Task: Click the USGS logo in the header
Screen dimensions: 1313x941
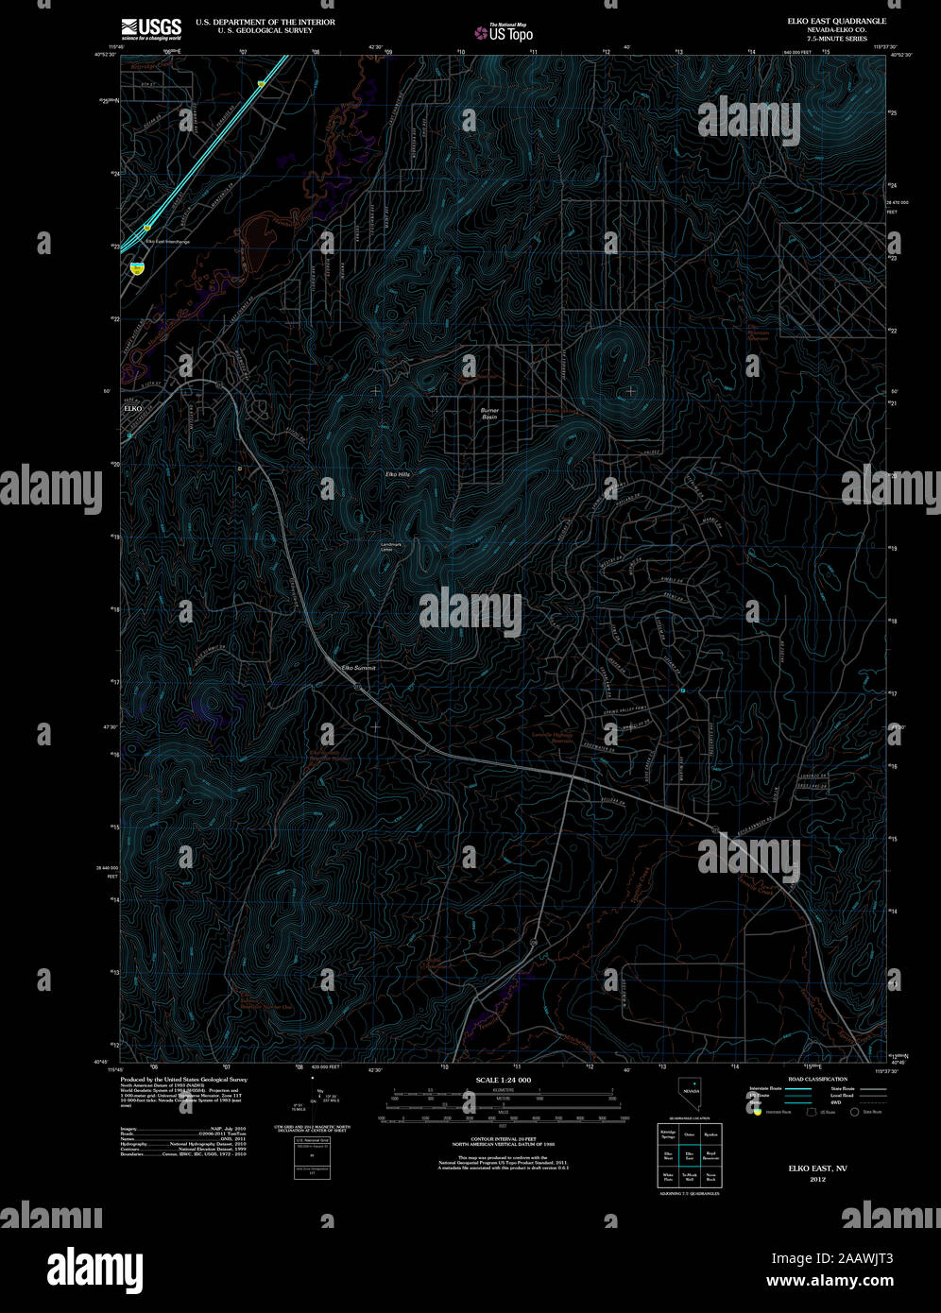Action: pos(150,28)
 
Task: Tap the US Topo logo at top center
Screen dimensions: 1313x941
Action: pos(505,32)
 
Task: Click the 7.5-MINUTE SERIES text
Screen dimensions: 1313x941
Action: pos(823,37)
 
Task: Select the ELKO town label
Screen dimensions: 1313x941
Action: pos(131,409)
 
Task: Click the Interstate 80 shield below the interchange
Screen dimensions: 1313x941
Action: pos(139,268)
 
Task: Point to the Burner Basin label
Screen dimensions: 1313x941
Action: pos(489,414)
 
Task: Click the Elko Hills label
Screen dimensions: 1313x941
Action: pos(397,473)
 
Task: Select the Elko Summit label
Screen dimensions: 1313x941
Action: pos(358,668)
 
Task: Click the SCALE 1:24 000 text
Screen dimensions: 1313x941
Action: pos(502,1080)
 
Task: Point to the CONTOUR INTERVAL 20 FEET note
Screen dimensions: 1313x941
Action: pos(502,1140)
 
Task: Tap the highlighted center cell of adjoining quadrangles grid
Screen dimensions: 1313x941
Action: pos(690,1154)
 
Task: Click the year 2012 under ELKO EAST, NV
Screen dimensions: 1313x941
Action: pos(817,1180)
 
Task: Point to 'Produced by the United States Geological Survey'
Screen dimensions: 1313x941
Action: pos(183,1079)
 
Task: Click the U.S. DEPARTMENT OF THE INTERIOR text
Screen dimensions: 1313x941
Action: pos(265,21)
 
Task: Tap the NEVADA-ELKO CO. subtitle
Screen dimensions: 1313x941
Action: pos(824,28)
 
